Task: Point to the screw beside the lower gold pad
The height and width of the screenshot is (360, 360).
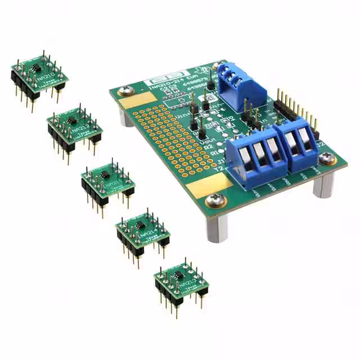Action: pos(214,200)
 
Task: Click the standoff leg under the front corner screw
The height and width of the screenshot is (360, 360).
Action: pos(217,225)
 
